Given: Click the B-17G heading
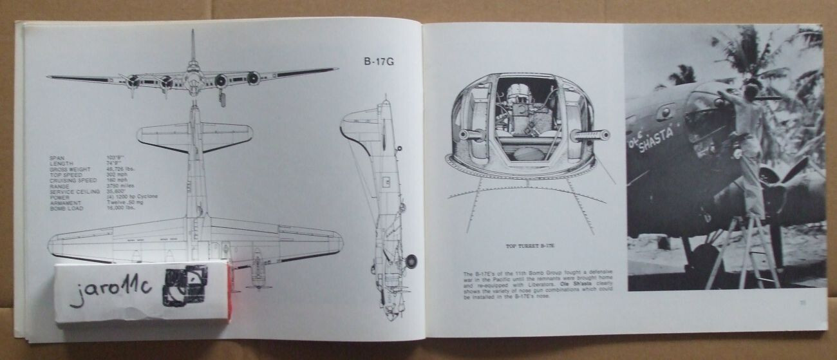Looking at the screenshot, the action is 378,62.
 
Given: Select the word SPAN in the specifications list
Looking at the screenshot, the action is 57,158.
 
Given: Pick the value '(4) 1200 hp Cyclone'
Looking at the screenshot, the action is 132,196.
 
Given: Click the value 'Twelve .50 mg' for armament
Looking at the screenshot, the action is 126,203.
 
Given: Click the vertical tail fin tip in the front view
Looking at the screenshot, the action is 193,32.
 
